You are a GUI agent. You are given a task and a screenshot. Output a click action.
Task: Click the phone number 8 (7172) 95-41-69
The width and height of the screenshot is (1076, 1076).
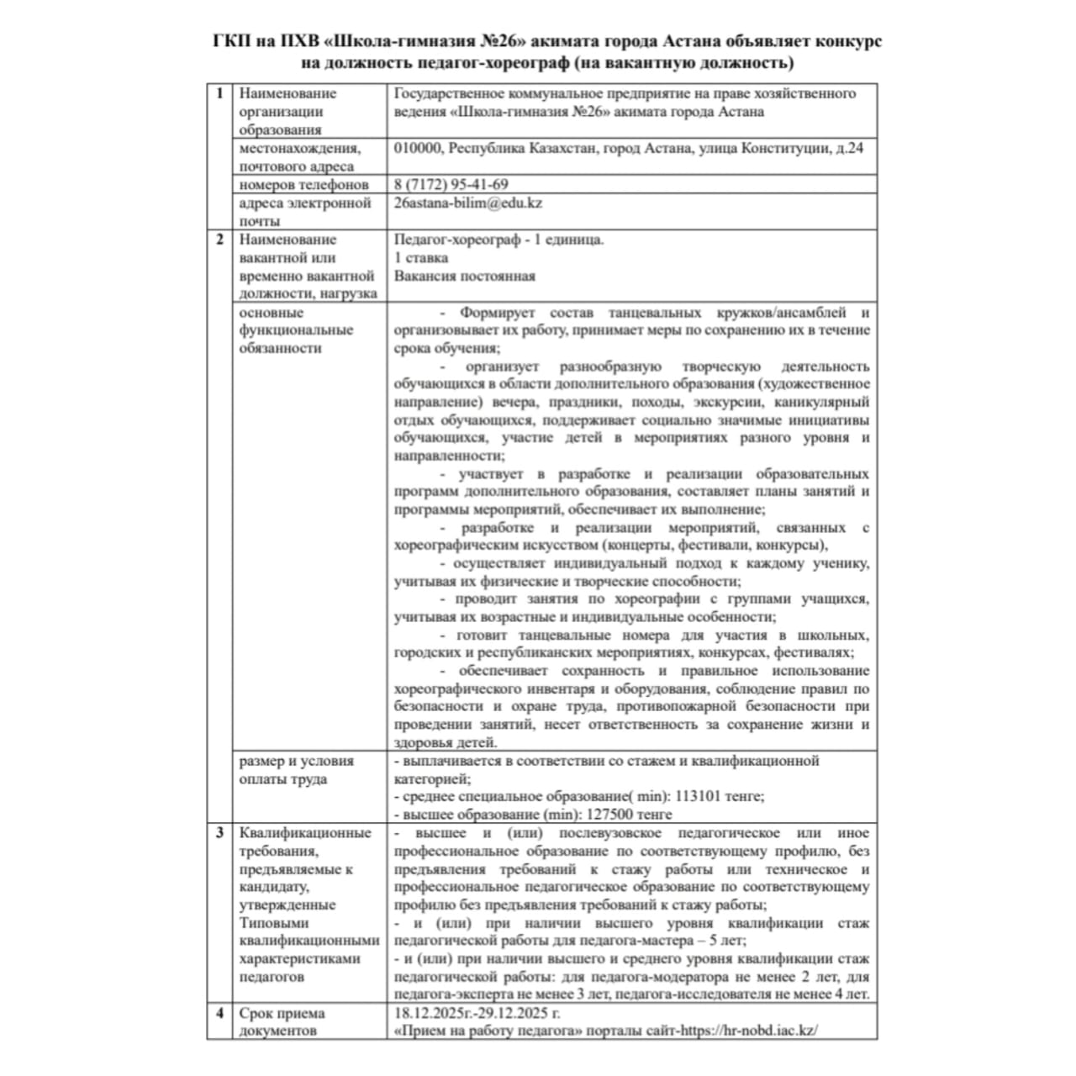point(451,185)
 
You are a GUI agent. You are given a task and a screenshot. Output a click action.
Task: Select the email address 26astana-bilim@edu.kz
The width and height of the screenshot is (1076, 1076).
point(468,203)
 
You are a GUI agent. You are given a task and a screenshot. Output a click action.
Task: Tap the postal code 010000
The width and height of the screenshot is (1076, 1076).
point(417,148)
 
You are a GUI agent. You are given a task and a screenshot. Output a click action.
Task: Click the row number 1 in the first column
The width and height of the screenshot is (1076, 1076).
point(219,93)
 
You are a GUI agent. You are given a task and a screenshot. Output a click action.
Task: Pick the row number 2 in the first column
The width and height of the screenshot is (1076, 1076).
point(219,240)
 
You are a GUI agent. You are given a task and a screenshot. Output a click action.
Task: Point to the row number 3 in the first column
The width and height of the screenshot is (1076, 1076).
point(219,833)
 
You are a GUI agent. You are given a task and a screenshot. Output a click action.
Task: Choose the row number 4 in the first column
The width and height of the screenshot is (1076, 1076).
point(219,1013)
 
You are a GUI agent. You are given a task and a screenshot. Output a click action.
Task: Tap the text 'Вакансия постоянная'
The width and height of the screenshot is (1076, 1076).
point(464,276)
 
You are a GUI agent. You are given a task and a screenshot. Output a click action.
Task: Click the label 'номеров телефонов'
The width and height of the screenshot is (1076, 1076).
point(303,185)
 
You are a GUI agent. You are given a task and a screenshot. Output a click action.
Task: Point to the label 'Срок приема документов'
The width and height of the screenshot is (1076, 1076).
point(282,1021)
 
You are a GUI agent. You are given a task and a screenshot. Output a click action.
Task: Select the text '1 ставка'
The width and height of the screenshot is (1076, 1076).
point(421,258)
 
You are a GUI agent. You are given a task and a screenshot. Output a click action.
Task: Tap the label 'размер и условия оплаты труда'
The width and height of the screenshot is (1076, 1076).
point(296,770)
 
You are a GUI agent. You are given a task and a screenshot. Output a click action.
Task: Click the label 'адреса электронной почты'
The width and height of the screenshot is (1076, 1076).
point(304,212)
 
